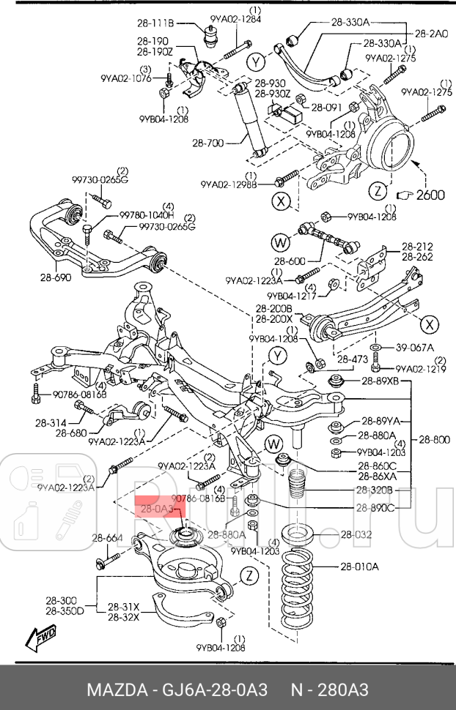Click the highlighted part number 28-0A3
[x=155, y=507]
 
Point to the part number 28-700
[x=210, y=143]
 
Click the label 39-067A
[x=415, y=347]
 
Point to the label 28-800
[x=435, y=439]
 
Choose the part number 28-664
[x=107, y=539]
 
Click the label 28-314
[x=50, y=423]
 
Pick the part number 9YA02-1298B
[x=229, y=187]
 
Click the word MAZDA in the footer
[x=113, y=690]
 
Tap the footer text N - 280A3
[x=329, y=690]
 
